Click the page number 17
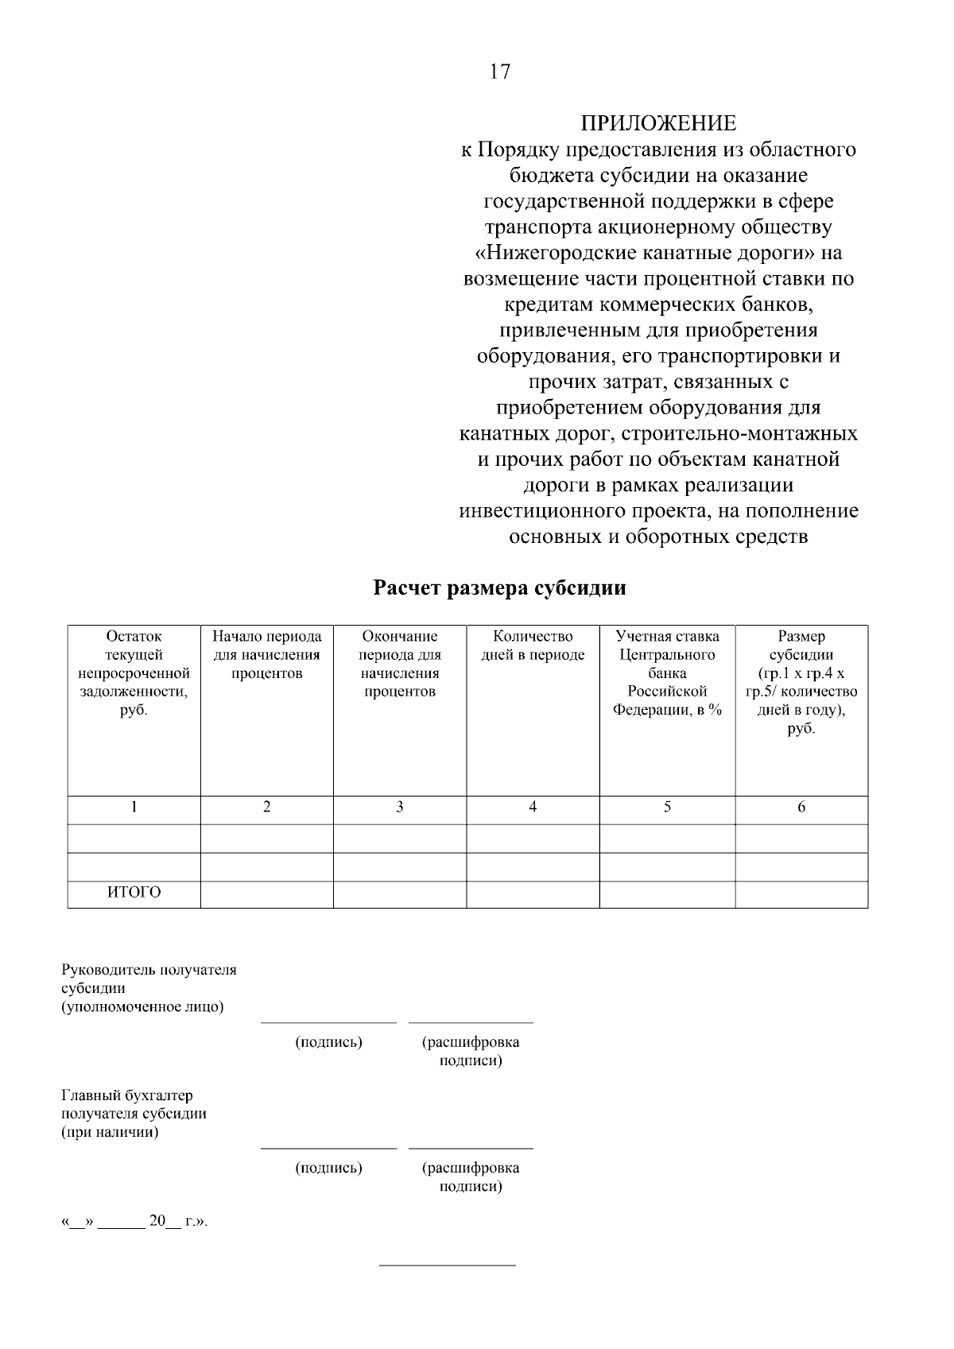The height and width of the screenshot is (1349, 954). click(x=499, y=72)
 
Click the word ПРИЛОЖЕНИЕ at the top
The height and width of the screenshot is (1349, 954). click(x=657, y=123)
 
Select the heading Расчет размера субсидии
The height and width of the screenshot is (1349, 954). click(x=499, y=588)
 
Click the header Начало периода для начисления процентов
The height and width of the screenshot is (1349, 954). click(x=266, y=655)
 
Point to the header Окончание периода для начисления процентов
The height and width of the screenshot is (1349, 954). click(x=399, y=664)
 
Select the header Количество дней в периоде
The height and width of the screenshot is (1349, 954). click(x=533, y=645)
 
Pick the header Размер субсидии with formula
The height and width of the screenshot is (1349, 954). click(x=801, y=682)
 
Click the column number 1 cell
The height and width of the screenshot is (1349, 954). click(x=134, y=807)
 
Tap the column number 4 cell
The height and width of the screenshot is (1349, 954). click(x=533, y=807)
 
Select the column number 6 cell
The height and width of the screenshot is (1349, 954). click(x=801, y=807)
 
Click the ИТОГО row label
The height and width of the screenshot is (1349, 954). click(x=134, y=892)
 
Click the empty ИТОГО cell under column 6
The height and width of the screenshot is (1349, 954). click(x=801, y=894)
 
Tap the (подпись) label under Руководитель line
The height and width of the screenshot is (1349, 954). click(x=328, y=1042)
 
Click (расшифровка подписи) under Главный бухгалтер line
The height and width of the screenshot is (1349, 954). click(x=470, y=1176)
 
